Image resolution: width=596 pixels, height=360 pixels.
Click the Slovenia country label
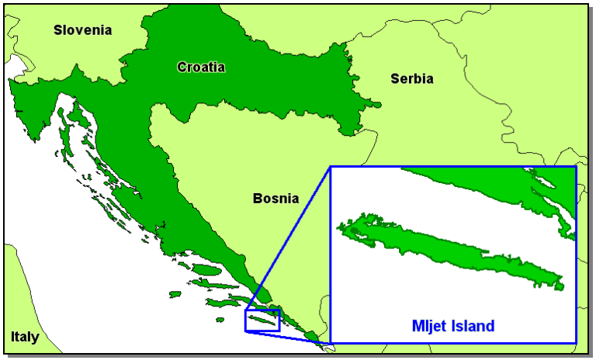tap(83, 30)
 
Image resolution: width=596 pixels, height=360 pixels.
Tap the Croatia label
tap(201, 67)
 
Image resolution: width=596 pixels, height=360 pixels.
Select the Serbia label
tap(412, 78)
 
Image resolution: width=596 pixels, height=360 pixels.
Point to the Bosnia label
tap(275, 199)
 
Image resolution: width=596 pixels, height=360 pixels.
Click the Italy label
tap(25, 337)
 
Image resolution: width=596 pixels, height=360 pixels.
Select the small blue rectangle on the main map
tap(262, 320)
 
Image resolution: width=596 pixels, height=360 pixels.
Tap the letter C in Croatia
tap(182, 67)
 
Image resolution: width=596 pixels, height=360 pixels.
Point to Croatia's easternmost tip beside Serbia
tap(378, 105)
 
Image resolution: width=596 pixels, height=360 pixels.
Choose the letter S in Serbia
tap(395, 78)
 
